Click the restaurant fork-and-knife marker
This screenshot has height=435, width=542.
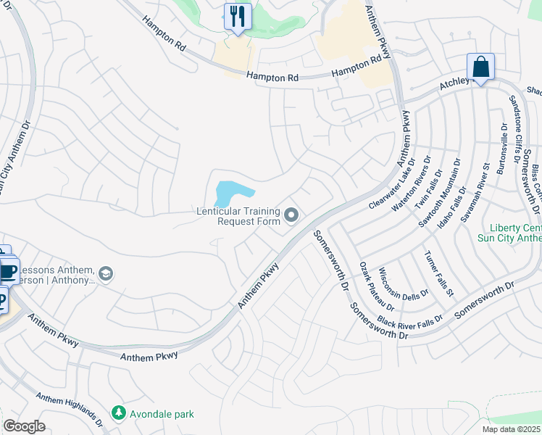pos(238,16)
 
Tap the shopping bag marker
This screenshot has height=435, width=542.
pos(480,67)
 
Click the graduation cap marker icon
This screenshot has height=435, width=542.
pos(106,273)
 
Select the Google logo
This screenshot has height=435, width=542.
pos(24,426)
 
